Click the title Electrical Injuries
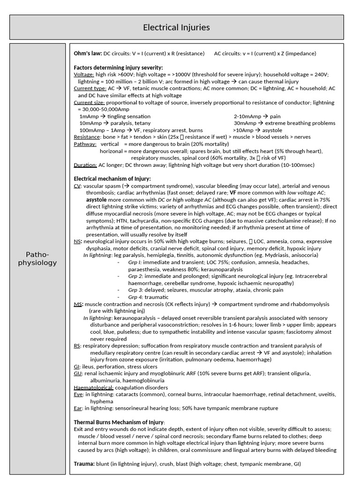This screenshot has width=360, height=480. tap(176, 27)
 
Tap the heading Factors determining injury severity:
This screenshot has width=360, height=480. tap(119, 67)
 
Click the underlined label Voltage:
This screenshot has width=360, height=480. tap(84, 75)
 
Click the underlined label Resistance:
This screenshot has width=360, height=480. tap(87, 137)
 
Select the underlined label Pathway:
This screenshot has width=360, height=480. tap(85, 144)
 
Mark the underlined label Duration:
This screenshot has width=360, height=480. tap(86, 165)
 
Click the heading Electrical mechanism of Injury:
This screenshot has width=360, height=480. tap(112, 179)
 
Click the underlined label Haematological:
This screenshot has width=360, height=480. tap(94, 388)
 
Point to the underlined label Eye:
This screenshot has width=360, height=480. tap(78, 395)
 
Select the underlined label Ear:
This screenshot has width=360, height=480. tap(78, 408)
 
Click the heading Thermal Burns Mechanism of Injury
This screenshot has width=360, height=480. tap(120, 422)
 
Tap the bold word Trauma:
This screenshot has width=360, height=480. tap(85, 464)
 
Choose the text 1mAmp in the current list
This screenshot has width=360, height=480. tap(88, 116)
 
